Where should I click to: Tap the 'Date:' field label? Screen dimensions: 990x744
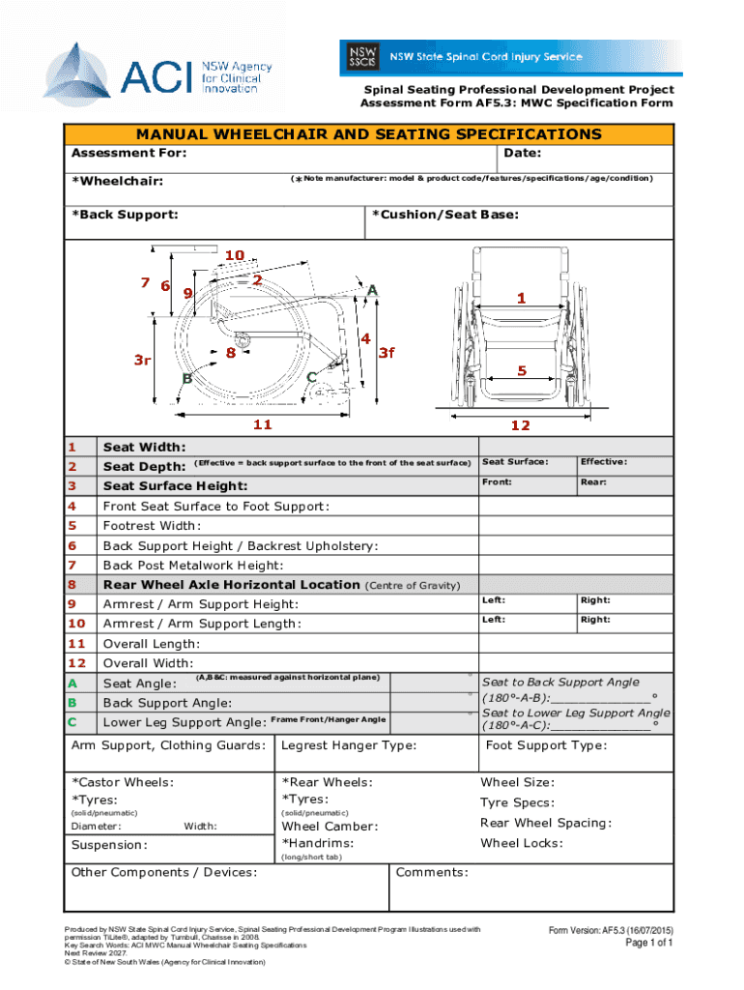point(522,153)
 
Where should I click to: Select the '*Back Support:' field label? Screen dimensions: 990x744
point(125,214)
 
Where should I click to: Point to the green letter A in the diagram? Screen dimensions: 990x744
point(372,288)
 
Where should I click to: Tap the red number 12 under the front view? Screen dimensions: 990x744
point(521,424)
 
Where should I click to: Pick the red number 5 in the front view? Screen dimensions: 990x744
point(521,370)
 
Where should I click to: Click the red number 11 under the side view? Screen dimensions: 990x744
point(262,424)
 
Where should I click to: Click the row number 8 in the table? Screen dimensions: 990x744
point(72,585)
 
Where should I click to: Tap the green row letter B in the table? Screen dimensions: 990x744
point(72,703)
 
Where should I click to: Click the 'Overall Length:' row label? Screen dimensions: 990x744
point(152,644)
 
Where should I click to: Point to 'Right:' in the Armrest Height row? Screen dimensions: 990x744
point(595,600)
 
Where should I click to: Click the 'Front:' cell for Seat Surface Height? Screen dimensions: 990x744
point(498,481)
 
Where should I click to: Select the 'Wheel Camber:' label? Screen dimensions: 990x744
point(329,827)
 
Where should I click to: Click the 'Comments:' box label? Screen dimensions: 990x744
point(433,873)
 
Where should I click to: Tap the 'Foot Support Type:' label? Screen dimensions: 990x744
point(546,745)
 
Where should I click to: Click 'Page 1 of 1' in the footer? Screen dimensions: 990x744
point(648,943)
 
